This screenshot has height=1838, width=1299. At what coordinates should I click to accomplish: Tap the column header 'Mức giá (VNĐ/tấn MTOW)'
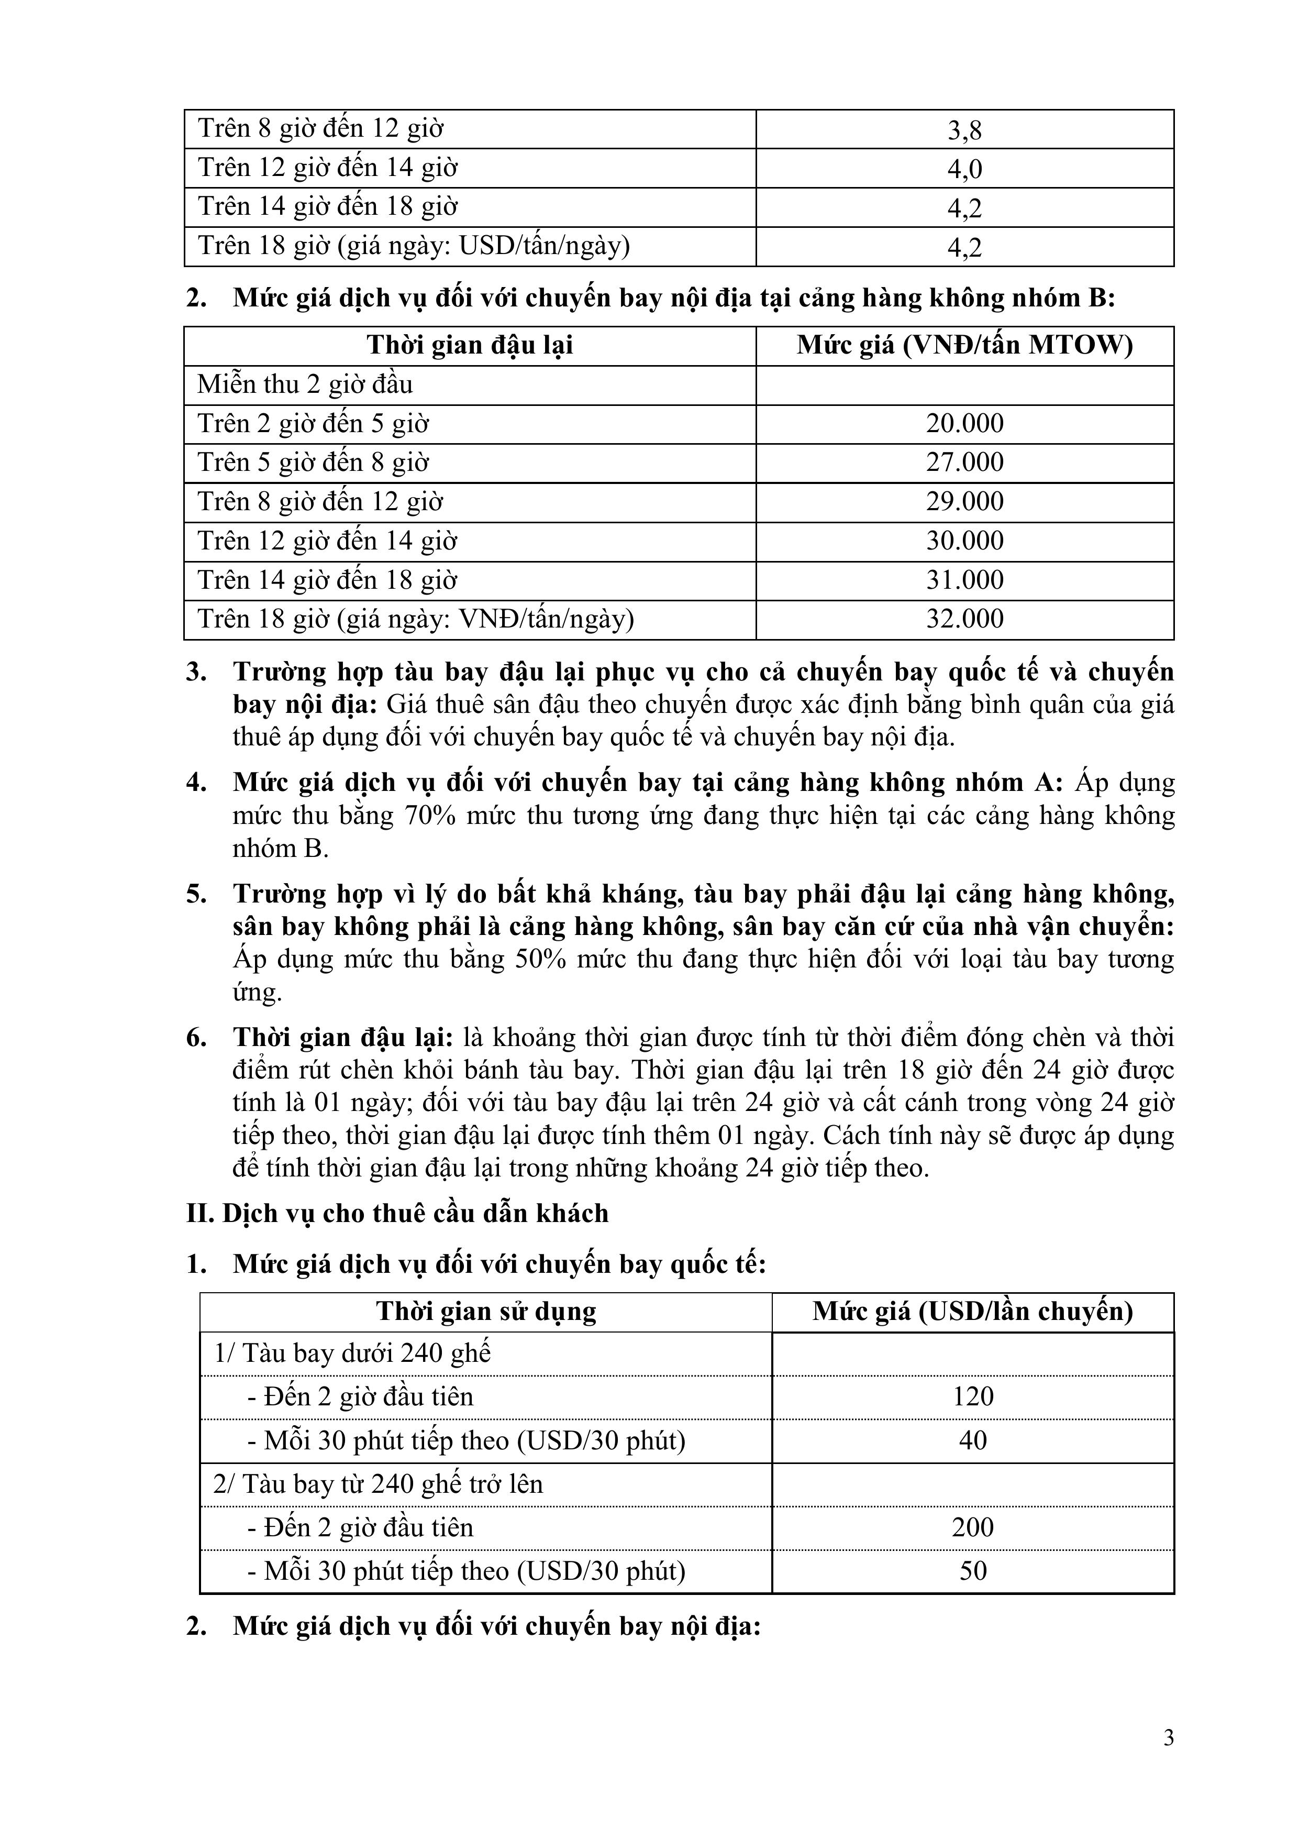pyautogui.click(x=964, y=346)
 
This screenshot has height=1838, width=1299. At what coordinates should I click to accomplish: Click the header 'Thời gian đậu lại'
pyautogui.click(x=470, y=346)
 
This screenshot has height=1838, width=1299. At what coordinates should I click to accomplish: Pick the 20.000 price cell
pyautogui.click(x=964, y=423)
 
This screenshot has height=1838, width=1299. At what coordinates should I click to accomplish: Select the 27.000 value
pyautogui.click(x=964, y=463)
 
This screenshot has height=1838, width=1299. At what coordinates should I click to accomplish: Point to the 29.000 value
pyautogui.click(x=964, y=502)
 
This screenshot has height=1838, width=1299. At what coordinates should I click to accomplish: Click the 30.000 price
pyautogui.click(x=964, y=541)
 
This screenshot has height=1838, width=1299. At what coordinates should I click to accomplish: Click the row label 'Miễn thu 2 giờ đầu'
pyautogui.click(x=305, y=385)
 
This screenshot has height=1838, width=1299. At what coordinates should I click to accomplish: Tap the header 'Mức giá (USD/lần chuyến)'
pyautogui.click(x=972, y=1311)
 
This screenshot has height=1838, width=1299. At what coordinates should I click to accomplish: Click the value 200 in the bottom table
pyautogui.click(x=972, y=1527)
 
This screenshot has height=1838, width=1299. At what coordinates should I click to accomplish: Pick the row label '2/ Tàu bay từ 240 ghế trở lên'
pyautogui.click(x=378, y=1484)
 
